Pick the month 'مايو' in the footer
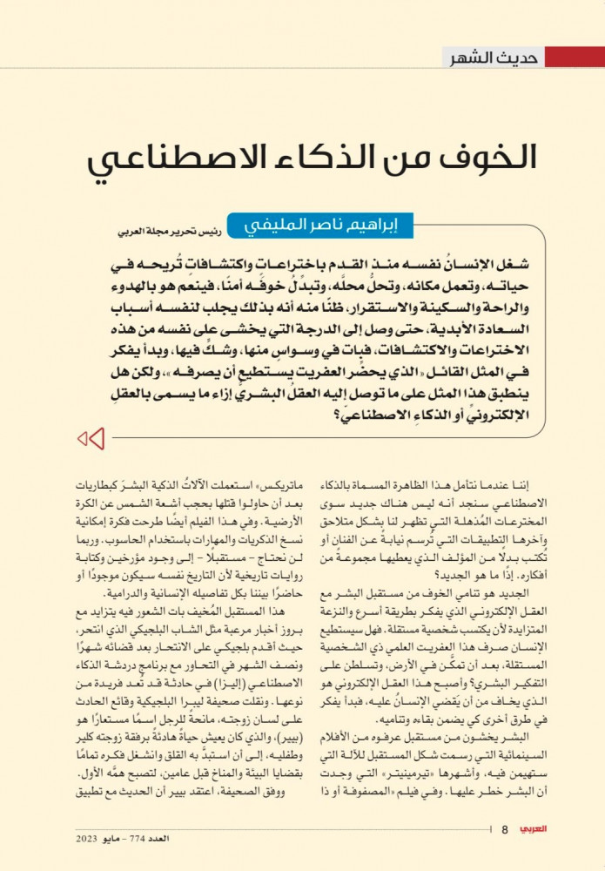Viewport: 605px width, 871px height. point(111,838)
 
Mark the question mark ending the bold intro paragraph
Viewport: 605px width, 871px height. point(337,413)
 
